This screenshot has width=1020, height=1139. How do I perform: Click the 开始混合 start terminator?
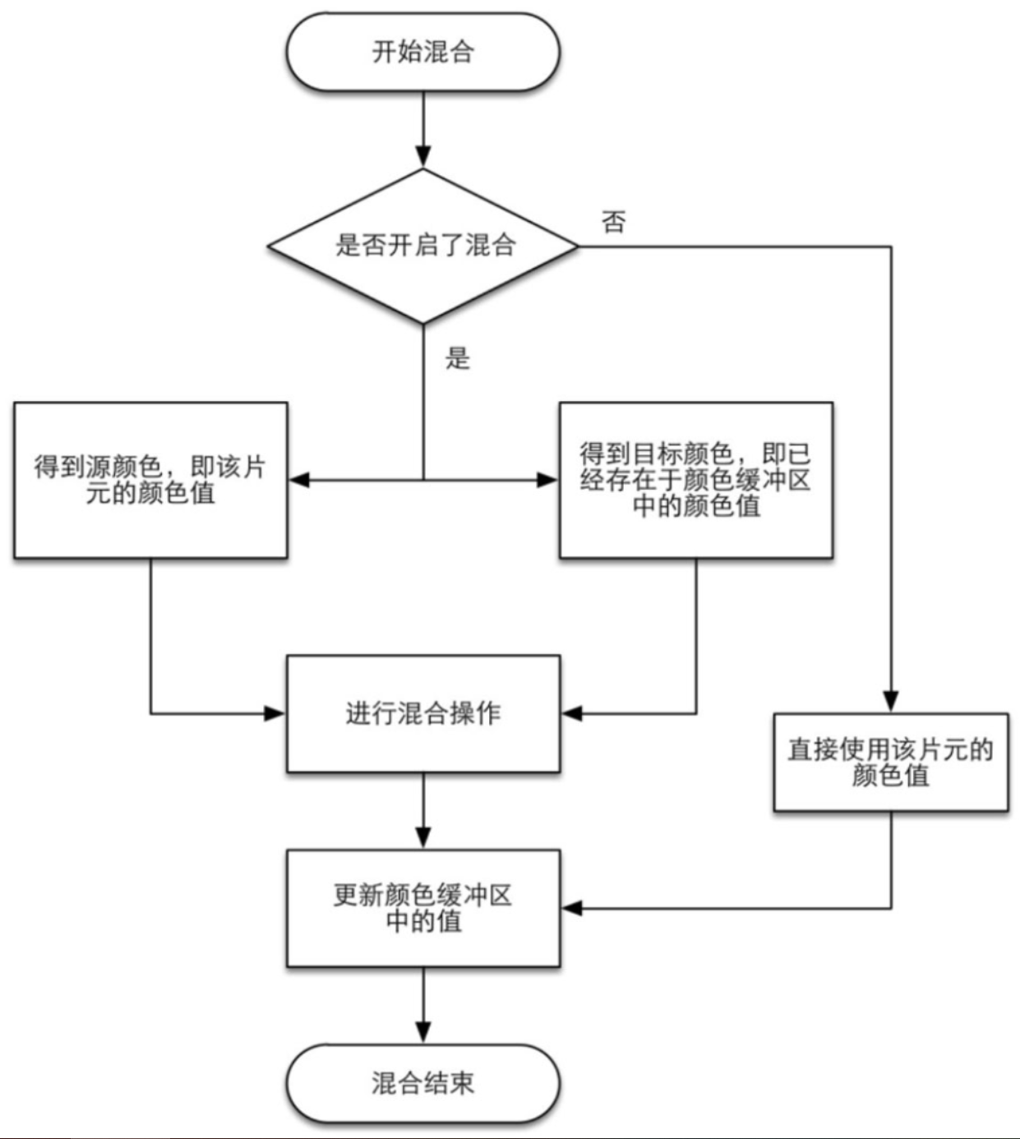pos(422,52)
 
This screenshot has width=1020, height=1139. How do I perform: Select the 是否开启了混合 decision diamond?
pos(423,245)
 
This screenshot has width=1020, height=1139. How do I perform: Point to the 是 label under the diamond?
pos(458,358)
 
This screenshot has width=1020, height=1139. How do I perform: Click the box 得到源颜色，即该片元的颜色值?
pos(150,480)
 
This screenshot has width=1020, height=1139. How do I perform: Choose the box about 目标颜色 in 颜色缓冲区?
pos(695,480)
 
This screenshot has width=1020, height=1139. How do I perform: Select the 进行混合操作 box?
pos(422,713)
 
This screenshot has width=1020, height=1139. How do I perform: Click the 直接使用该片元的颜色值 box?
pos(890,762)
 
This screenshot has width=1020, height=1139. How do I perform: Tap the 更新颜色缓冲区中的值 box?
pos(422,907)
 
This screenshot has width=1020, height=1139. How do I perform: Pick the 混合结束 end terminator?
pos(422,1082)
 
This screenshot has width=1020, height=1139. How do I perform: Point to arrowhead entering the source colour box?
pos(298,479)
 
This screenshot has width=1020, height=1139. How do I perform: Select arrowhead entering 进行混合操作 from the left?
pos(275,713)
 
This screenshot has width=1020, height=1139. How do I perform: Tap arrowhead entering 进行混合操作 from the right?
pos(571,713)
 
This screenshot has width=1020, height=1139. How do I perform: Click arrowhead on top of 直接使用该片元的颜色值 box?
pos(891,702)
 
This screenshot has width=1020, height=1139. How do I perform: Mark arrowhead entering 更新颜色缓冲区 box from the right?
pos(571,908)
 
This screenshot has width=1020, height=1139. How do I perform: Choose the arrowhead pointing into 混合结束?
pos(423,1033)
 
